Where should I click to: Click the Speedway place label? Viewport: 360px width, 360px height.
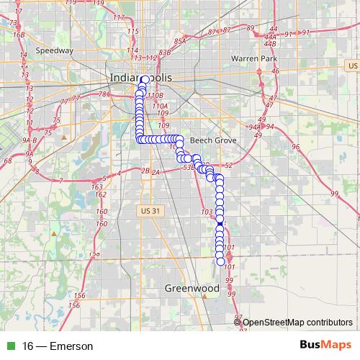(x=55, y=51)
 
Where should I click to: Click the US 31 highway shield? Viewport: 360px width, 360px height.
(x=146, y=208)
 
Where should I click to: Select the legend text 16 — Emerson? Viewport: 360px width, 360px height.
(x=58, y=346)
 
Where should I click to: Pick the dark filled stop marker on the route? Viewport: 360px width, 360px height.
(x=220, y=226)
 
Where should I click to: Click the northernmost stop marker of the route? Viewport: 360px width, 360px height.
(x=145, y=79)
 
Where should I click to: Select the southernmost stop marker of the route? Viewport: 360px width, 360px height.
(x=220, y=262)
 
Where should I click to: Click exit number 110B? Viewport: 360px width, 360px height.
(x=155, y=95)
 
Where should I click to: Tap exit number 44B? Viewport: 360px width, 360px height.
(x=271, y=44)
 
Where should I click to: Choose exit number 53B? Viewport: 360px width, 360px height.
(x=188, y=167)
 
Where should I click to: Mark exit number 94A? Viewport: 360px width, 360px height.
(x=253, y=127)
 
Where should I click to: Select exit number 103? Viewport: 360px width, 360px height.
(x=207, y=212)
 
